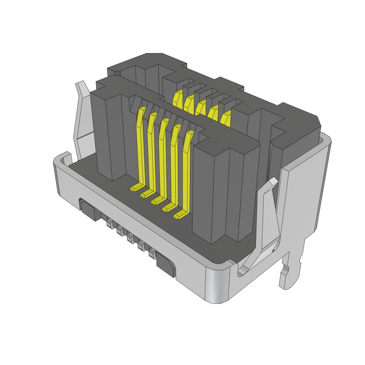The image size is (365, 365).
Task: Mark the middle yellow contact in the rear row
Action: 201,107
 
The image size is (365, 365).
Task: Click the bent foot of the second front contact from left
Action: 147,193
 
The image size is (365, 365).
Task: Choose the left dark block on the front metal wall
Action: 89,211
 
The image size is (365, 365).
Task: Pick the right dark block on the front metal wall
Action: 166,265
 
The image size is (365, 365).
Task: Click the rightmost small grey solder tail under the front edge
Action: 152,254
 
